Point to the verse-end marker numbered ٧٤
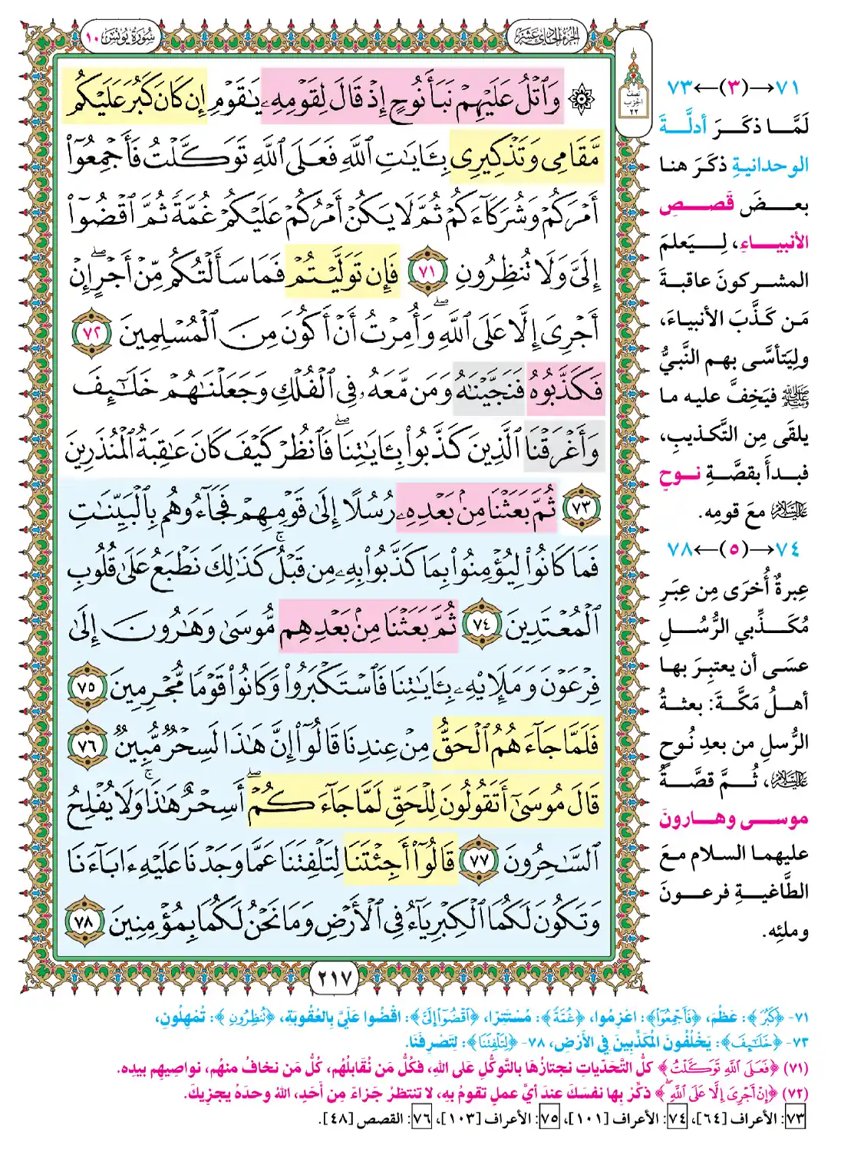tap(481, 624)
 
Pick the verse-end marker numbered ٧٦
tap(90, 744)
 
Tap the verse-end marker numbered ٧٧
tap(480, 861)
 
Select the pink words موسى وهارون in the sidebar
tap(734, 820)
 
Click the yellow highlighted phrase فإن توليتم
tap(342, 273)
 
